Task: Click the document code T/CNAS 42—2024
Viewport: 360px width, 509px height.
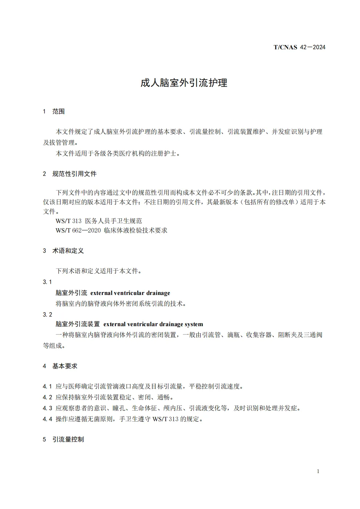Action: pos(299,47)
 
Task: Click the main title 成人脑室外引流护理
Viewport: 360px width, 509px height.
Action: pos(184,83)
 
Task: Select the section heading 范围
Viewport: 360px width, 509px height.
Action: pos(58,111)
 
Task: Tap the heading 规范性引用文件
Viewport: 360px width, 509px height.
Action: pos(74,174)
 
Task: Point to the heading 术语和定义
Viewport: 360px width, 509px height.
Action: pos(68,251)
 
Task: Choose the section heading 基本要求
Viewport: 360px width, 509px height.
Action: pos(65,366)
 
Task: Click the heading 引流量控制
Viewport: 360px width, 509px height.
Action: pos(68,439)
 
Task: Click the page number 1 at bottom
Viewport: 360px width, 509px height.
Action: pos(318,471)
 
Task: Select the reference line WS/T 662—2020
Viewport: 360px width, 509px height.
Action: pos(111,230)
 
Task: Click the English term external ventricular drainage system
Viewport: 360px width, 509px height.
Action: pos(153,324)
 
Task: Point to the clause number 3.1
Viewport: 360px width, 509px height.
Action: pos(47,282)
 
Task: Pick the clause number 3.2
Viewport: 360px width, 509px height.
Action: pos(47,315)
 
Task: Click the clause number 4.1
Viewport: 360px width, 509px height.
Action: pos(47,386)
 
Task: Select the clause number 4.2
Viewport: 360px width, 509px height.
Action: pos(47,397)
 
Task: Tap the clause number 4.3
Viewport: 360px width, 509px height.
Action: pos(47,408)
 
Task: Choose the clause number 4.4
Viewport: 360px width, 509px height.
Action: pos(47,419)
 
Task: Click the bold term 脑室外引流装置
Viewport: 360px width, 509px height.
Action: pos(78,324)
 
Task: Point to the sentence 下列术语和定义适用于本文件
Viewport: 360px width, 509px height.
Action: pos(98,271)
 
